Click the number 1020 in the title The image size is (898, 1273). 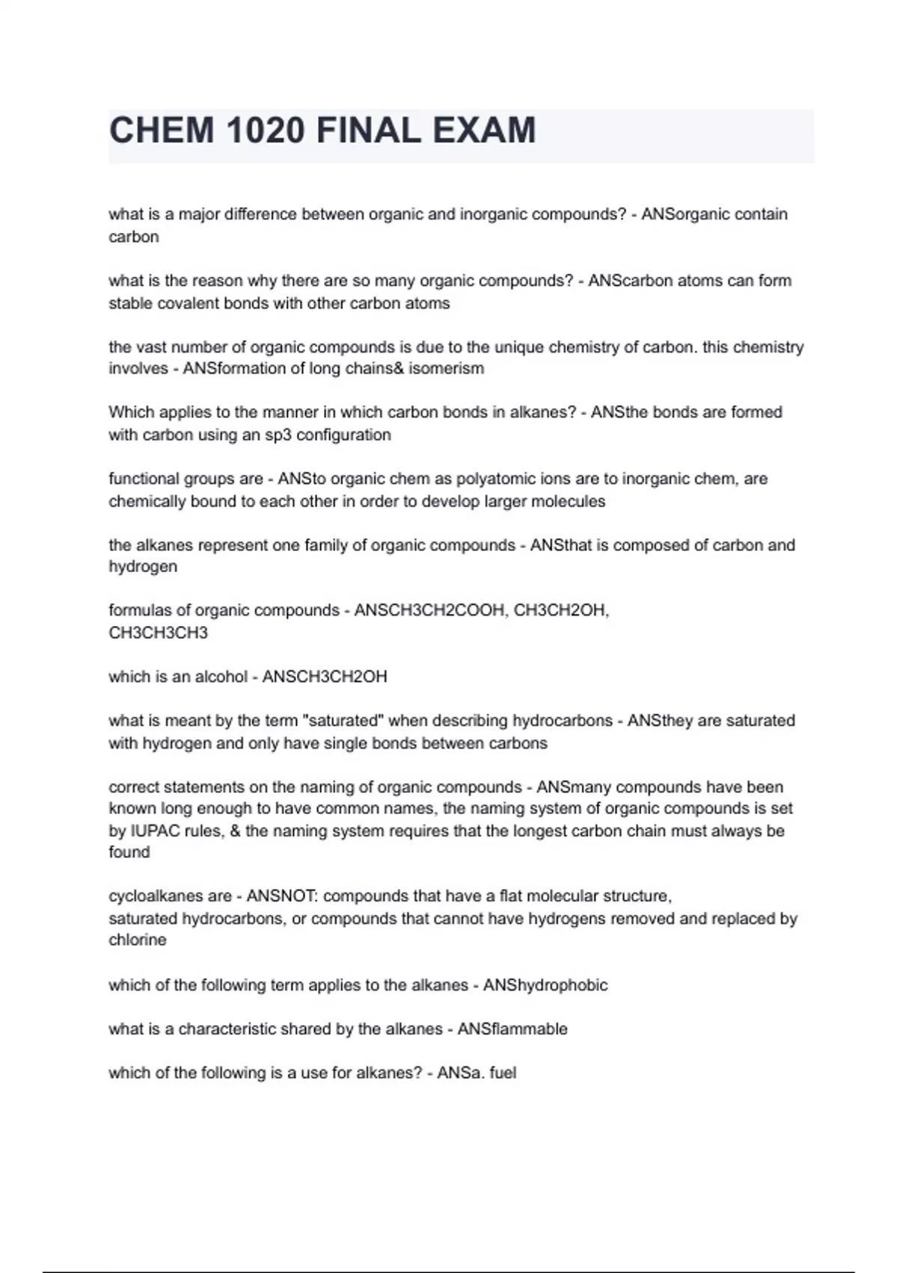pos(264,131)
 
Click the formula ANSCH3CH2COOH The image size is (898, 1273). pos(430,610)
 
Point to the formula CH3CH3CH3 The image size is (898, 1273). pos(158,633)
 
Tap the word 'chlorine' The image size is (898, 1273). pos(138,940)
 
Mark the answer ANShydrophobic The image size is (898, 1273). pos(546,985)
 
